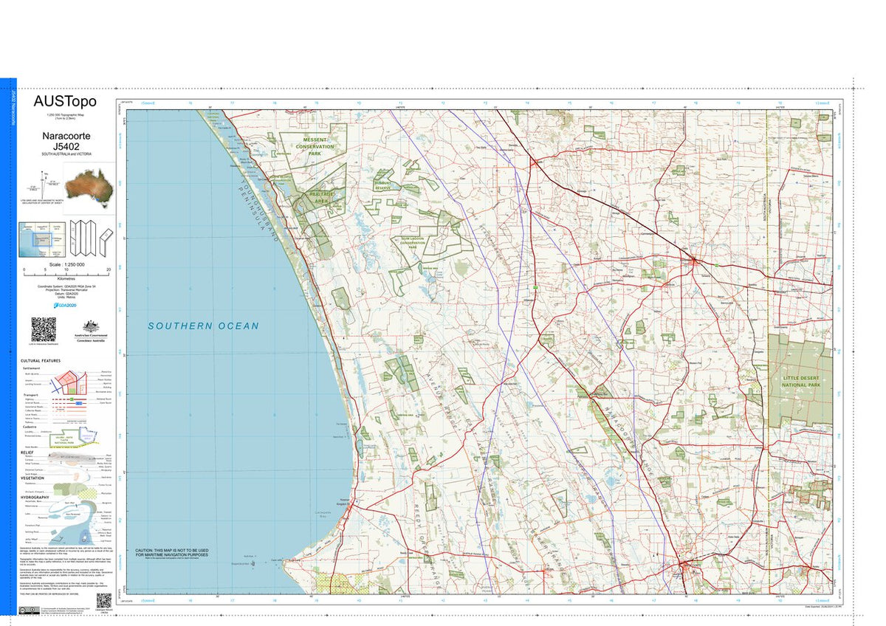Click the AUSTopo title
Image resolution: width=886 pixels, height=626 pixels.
65,102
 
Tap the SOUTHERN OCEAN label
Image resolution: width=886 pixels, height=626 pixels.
203,326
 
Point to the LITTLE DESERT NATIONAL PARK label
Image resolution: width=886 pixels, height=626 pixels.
801,381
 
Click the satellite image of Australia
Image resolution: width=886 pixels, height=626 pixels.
89,185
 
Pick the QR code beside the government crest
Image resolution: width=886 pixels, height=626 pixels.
44,329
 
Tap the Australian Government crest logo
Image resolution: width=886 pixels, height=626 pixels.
90,329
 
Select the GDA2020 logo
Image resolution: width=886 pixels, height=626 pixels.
66,304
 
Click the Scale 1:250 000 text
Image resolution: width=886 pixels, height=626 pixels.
66,264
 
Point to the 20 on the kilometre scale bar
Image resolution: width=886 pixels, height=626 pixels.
109,270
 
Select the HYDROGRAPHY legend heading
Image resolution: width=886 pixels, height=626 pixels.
35,497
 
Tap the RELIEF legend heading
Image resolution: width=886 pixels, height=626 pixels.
27,452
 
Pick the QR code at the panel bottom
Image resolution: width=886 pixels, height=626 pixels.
103,599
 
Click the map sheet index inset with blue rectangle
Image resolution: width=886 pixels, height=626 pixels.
42,239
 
